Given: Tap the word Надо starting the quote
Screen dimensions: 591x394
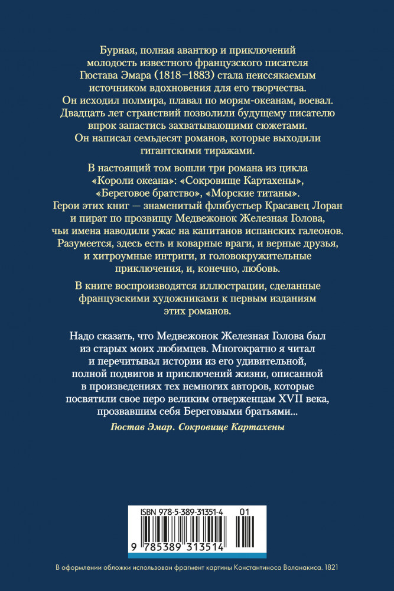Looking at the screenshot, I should click(74, 334).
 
